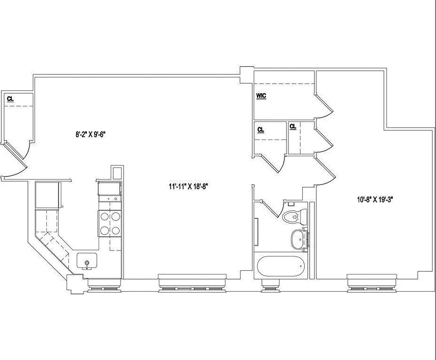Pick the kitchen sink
(87, 261)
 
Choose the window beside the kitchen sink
(103, 285)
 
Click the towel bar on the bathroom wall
(256, 231)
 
